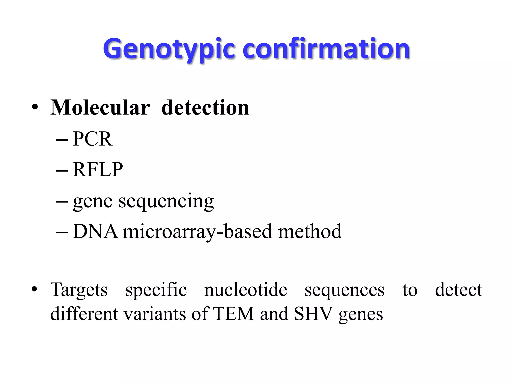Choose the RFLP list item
coord(98,170)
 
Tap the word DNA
coord(95,231)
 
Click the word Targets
coord(79,290)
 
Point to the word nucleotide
coord(245,290)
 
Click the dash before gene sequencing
coord(62,201)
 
